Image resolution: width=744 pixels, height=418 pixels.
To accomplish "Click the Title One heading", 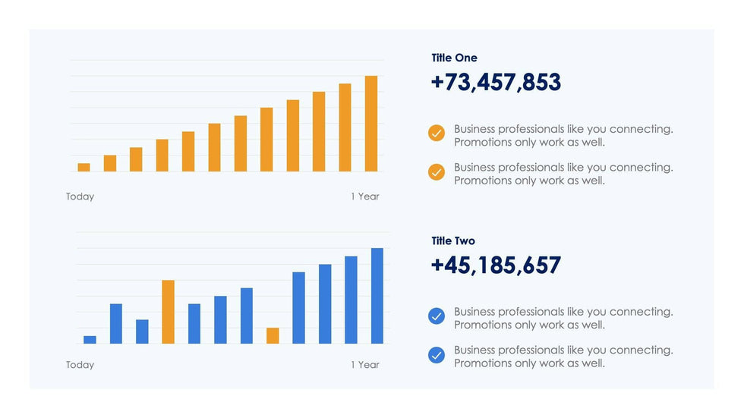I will (x=454, y=58).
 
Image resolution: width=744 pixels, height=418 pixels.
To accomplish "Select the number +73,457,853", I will (x=496, y=82).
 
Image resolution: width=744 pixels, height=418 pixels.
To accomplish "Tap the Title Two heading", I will (x=453, y=241).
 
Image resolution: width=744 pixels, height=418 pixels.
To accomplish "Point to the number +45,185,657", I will (x=496, y=266).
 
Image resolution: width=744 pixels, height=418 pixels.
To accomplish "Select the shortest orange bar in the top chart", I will (x=84, y=167).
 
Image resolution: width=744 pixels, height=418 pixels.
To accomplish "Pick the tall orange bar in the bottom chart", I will (x=168, y=312).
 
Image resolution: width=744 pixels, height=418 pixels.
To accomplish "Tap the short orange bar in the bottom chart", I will (x=273, y=335).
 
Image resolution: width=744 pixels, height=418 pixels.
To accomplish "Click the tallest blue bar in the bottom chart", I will (x=377, y=296).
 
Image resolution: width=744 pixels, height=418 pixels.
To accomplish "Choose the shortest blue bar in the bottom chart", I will (x=90, y=339).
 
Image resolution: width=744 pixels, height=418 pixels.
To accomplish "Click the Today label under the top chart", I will (x=80, y=196).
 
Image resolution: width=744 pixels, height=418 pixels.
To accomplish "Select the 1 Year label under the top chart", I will (x=364, y=196).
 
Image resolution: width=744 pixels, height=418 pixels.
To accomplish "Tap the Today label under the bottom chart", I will (x=80, y=365).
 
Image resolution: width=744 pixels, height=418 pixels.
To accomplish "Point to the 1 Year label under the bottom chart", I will (x=364, y=365).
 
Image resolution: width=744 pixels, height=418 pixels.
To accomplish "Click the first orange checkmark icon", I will (x=437, y=134).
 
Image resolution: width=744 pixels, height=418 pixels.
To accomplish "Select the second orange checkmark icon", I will (x=437, y=172).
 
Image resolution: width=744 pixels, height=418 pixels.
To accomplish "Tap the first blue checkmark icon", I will (x=437, y=316).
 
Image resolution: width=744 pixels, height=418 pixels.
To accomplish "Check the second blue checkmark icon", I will (x=437, y=355).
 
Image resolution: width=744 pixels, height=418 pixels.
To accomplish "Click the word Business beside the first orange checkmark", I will (x=474, y=129).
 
